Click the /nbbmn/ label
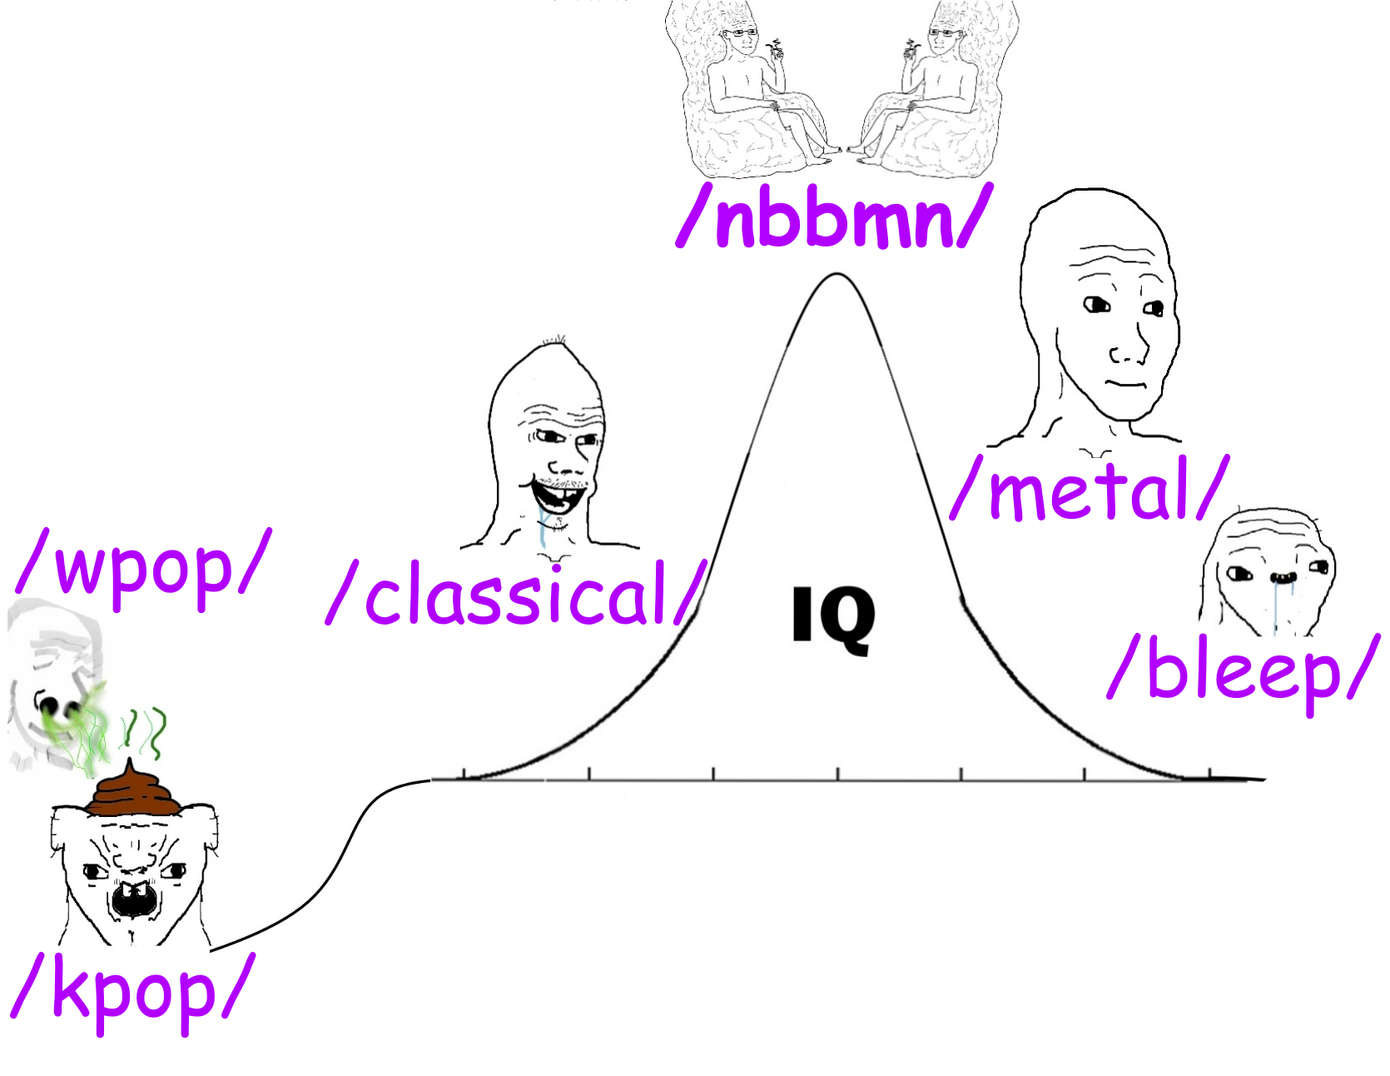tap(835, 218)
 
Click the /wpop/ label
tap(143, 567)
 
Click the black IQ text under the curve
tap(833, 617)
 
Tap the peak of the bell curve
tap(836, 275)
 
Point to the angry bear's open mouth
tap(133, 899)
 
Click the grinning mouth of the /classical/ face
tap(558, 495)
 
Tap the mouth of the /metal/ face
tap(1127, 384)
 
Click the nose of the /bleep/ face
tap(1283, 577)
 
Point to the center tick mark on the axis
tap(837, 774)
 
